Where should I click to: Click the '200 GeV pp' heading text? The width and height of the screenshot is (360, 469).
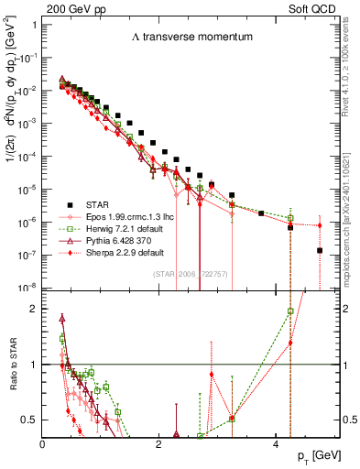70,7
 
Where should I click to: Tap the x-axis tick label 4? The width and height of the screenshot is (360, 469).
277,444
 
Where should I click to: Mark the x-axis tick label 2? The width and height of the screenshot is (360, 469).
159,444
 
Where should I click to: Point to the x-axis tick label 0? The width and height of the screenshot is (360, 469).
43,444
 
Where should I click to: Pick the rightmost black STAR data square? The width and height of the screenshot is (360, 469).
320,250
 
